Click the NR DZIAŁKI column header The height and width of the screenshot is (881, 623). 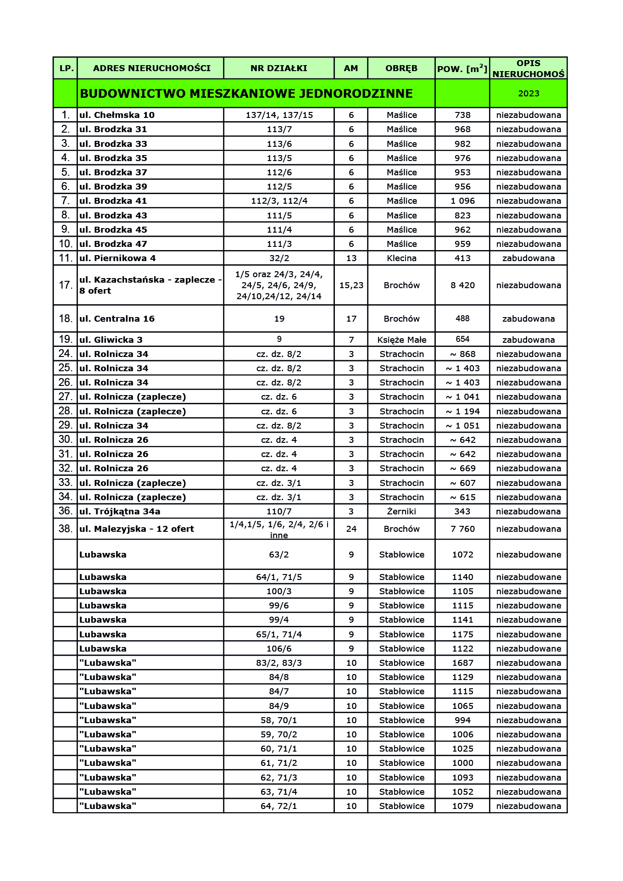coord(278,68)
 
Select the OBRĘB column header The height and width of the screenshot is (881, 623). coord(401,68)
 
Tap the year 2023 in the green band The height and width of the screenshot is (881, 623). coord(528,94)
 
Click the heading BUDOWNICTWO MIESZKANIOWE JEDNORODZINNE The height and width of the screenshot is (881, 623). coord(246,94)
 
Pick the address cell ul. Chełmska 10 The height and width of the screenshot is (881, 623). coord(117,115)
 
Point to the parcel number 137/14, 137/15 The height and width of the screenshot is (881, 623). coord(279,115)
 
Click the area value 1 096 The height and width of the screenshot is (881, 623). coord(462,201)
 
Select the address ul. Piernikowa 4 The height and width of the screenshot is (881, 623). coord(117,258)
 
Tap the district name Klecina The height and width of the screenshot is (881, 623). coord(401,258)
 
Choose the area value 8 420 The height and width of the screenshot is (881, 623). coord(462,285)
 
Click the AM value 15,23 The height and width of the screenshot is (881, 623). coord(351,285)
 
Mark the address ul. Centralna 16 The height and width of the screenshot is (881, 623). coord(117,319)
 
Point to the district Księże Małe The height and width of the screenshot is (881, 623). coord(401,340)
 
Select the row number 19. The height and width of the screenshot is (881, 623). coord(65,340)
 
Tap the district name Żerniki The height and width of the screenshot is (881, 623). coord(401,512)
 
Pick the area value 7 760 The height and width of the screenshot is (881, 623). coord(462,529)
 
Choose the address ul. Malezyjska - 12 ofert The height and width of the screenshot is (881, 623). coord(137,529)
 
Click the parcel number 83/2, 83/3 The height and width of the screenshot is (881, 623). coord(279,663)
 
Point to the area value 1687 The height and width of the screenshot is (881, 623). coord(462,663)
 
